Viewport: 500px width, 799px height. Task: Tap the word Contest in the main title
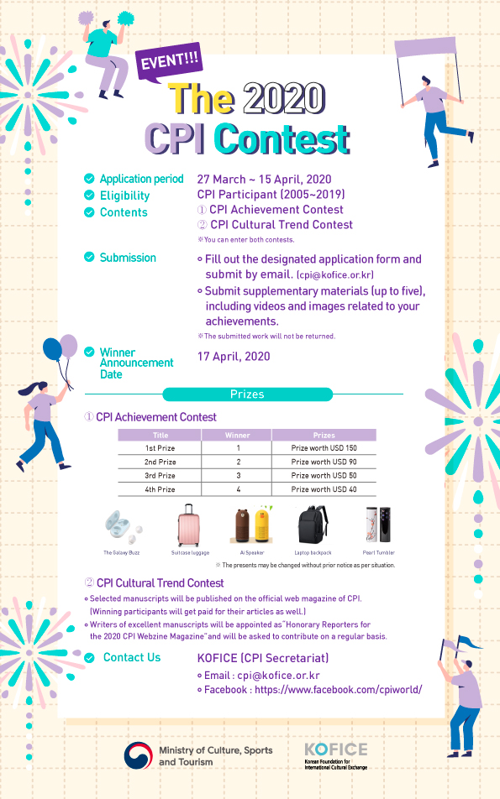(282, 137)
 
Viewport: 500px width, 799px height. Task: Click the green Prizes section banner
(247, 394)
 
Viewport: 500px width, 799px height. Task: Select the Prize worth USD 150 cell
(324, 448)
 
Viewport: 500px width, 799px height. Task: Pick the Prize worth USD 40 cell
(324, 489)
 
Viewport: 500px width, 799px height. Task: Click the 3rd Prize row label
(160, 476)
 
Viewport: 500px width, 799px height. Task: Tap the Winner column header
(238, 435)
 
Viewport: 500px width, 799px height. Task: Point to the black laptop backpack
(313, 526)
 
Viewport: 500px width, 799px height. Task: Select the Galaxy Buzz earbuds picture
(120, 525)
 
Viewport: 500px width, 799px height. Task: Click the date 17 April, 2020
(234, 357)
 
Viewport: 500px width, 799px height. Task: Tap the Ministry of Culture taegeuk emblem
(138, 755)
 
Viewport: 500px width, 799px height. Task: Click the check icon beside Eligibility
(89, 195)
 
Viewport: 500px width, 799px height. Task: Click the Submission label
(128, 258)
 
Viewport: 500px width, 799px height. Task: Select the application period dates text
(264, 179)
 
